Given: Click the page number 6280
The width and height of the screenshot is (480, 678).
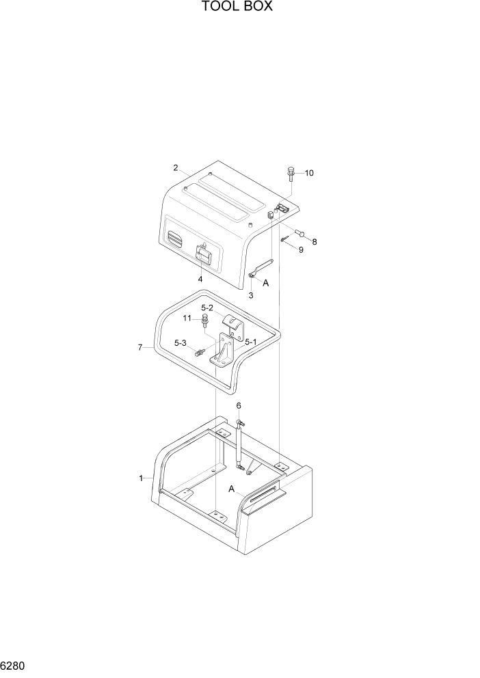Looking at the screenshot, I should [14, 664].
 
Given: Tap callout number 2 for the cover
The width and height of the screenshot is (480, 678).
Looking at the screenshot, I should [176, 168].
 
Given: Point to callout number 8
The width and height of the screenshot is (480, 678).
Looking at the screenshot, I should [315, 242].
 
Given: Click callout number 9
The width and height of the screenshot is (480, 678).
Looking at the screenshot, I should [299, 250].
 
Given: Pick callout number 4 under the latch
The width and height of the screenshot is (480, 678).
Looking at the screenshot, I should [200, 279].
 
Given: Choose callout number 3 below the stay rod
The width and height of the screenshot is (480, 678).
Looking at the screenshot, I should [251, 295].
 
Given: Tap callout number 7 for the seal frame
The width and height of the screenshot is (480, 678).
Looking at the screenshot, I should [140, 347].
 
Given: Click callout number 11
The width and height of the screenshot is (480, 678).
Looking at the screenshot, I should [187, 318].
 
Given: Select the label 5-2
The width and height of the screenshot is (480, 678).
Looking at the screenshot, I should [207, 308].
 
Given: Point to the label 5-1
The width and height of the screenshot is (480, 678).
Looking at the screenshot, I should [251, 342].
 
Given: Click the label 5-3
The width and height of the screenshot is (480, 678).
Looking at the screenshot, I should [181, 343].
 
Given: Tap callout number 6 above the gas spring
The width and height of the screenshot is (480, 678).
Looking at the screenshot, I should [239, 405].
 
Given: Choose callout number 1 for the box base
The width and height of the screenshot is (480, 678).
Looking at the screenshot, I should [142, 478].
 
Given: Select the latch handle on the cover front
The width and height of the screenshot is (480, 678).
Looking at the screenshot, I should [204, 255].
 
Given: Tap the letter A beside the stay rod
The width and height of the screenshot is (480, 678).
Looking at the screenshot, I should [266, 282].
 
